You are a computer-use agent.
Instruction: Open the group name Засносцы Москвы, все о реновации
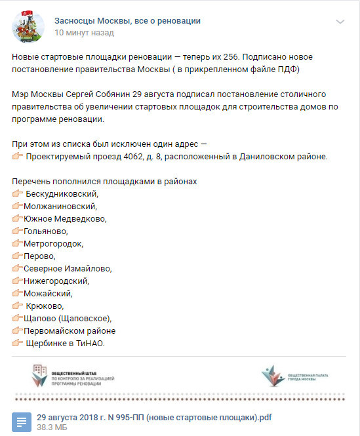[127, 21]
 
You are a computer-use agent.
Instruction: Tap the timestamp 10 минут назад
[83, 32]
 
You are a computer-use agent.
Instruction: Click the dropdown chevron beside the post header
[340, 22]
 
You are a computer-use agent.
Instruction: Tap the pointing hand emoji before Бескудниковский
[18, 193]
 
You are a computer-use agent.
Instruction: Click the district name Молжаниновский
[60, 206]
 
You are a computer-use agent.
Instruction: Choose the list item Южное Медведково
[64, 218]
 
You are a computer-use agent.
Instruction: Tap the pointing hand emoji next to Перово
[17, 256]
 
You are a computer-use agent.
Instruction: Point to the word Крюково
[45, 306]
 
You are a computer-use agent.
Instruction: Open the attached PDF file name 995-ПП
[154, 417]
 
